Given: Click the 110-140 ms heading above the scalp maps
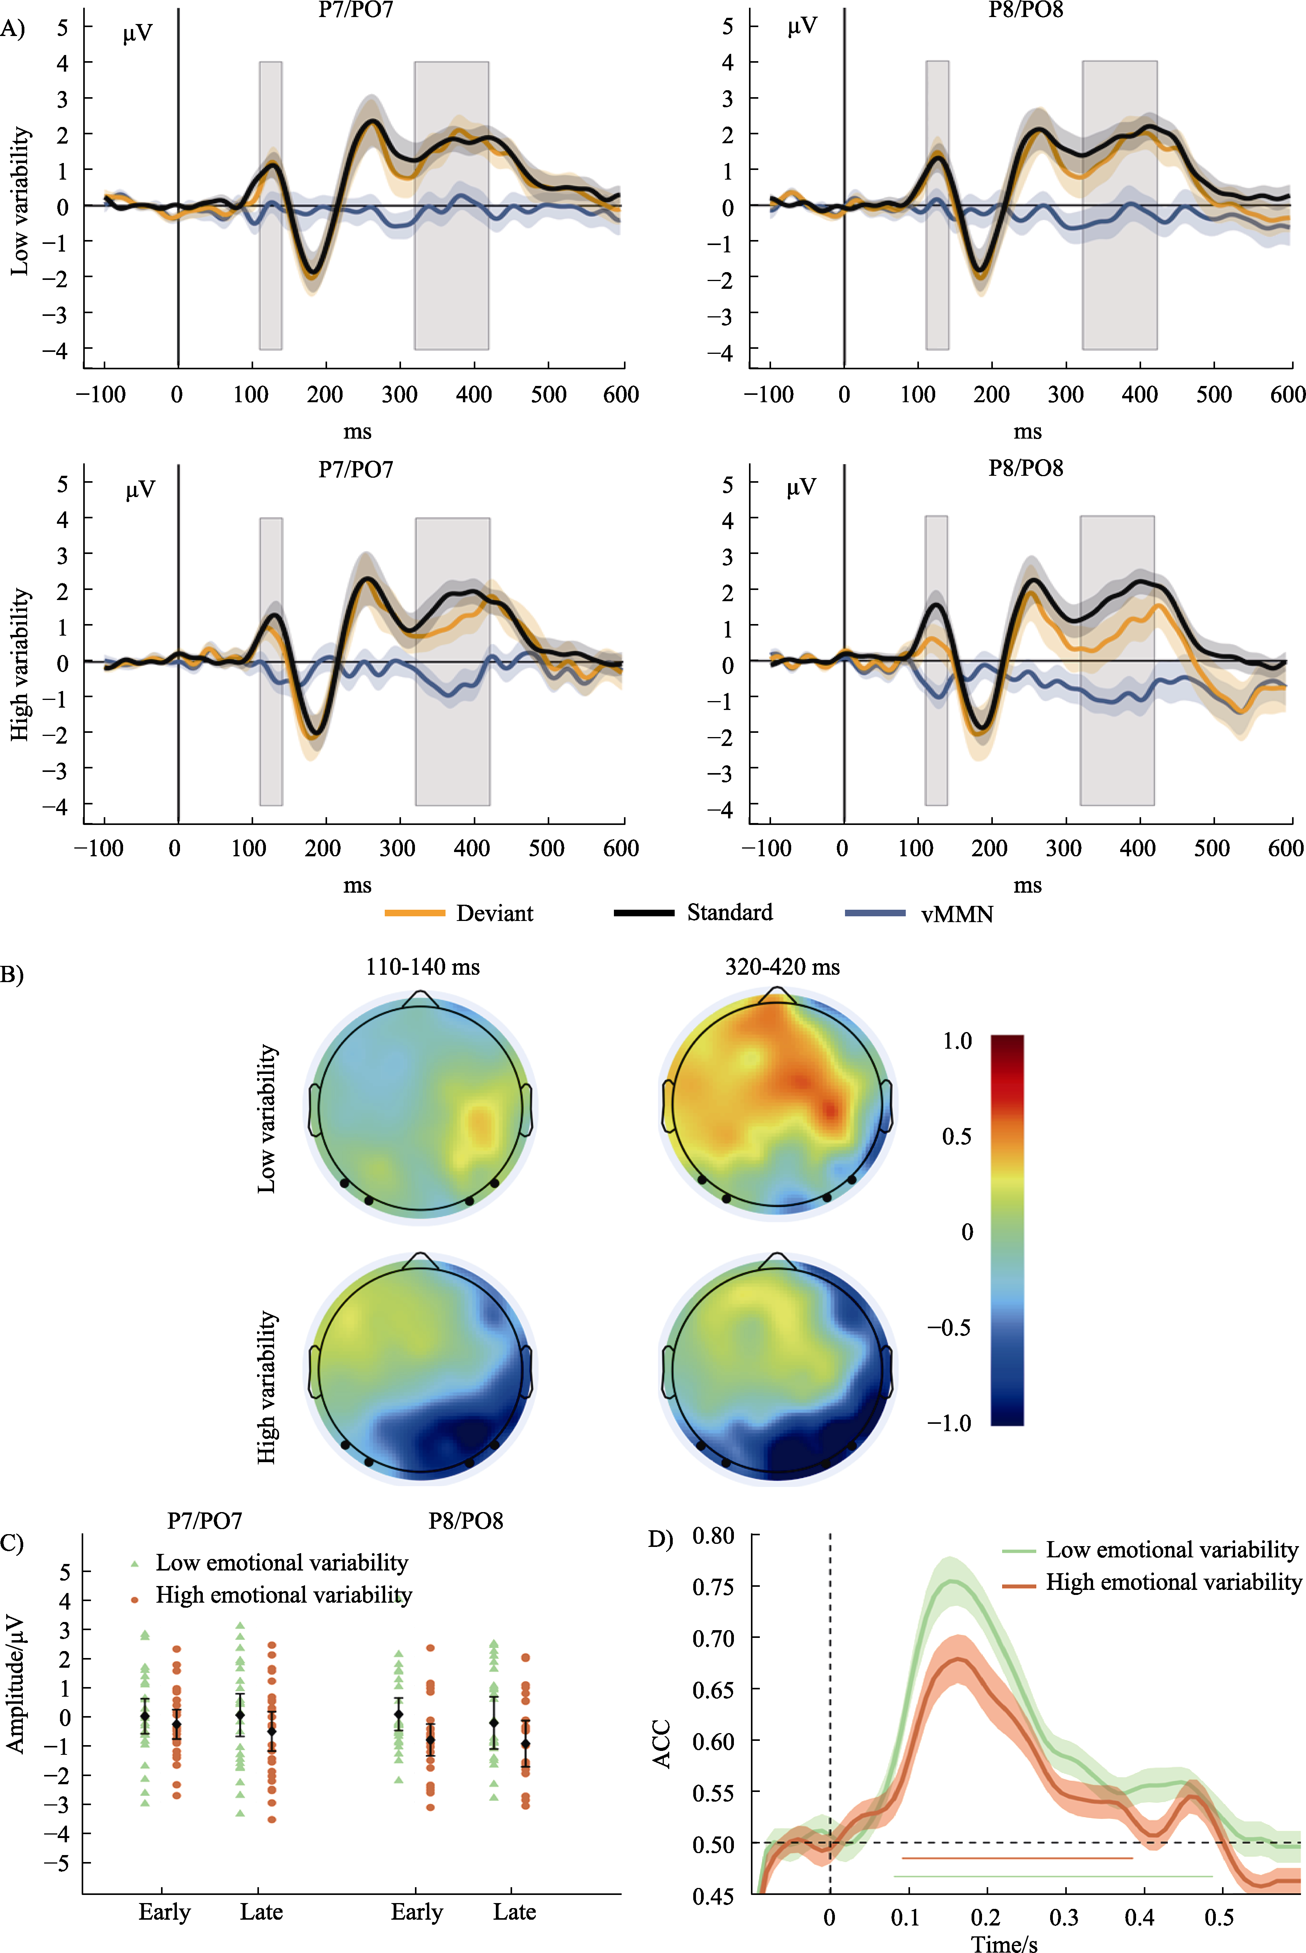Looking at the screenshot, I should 422,967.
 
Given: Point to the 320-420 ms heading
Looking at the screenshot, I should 782,967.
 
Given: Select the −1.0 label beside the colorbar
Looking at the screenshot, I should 950,1423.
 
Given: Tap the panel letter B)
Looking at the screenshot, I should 12,974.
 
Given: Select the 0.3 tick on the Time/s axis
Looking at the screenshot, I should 1064,1917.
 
